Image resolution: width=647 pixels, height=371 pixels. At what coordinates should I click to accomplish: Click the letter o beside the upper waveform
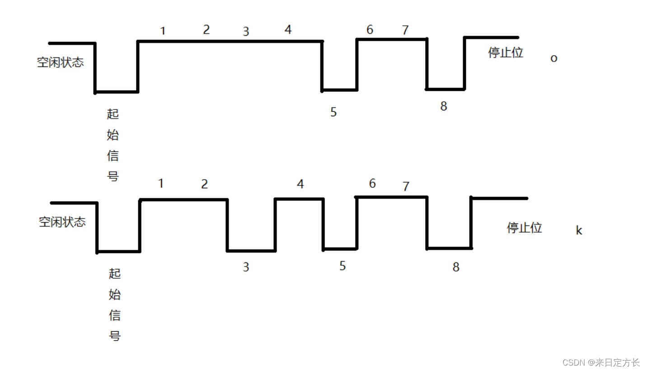[553, 59]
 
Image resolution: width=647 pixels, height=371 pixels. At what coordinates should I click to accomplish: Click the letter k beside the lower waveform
[579, 230]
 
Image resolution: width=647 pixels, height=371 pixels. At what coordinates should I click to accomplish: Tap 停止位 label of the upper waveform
[506, 52]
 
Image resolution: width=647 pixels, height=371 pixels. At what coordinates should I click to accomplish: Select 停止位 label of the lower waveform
[524, 228]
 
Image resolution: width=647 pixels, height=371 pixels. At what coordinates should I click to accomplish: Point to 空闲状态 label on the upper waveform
[61, 62]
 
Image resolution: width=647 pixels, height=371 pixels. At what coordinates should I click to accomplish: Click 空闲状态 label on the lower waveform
[62, 222]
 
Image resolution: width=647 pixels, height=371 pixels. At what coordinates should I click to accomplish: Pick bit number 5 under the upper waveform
[333, 112]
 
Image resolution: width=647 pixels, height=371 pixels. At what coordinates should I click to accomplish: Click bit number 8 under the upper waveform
[444, 106]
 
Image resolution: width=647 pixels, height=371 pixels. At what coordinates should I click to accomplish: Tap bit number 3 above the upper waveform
[246, 32]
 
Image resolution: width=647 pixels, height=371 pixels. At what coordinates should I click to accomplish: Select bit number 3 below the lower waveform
[246, 267]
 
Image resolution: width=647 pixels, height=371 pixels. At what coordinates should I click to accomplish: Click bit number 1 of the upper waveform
[163, 31]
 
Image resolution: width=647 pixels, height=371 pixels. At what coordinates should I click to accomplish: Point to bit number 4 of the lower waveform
[300, 184]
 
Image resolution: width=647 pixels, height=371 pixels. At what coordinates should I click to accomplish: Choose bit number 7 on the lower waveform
[406, 186]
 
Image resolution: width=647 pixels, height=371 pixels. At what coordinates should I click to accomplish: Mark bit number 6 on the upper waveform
[370, 30]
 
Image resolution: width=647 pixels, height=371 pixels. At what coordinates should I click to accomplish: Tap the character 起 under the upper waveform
[113, 114]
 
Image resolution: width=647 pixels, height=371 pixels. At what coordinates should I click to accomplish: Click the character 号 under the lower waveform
[115, 336]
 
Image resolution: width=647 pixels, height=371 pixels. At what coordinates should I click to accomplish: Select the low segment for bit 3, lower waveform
[251, 250]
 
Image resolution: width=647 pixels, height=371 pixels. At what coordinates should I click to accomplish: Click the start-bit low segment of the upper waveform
[117, 92]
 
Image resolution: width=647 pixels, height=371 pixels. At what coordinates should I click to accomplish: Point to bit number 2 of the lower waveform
[204, 184]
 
